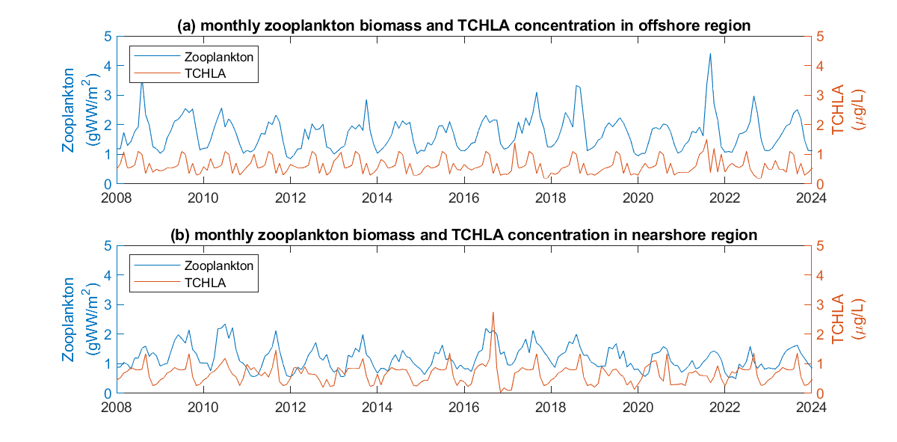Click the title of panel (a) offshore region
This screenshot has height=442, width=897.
463,25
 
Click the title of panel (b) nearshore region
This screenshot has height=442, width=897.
463,235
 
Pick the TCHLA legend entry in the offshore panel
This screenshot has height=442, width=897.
205,73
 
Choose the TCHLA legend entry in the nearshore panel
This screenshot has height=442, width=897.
205,282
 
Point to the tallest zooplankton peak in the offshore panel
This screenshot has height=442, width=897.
710,53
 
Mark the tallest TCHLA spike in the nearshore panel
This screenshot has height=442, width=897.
493,313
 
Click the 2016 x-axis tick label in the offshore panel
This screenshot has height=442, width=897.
464,197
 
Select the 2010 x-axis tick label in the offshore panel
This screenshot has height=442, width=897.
203,197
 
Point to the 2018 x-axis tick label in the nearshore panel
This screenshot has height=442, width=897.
552,407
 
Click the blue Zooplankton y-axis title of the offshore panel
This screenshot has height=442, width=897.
76,111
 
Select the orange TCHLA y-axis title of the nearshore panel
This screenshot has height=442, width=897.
851,319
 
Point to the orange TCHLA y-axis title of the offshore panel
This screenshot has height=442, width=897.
851,110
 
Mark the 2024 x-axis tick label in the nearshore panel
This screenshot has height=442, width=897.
812,407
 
